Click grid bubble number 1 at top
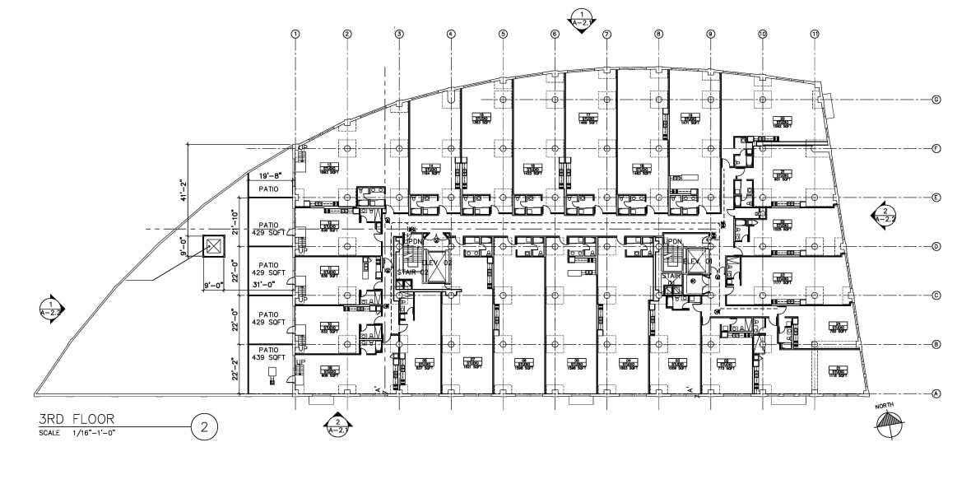(295, 34)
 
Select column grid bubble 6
(555, 34)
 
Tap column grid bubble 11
(815, 34)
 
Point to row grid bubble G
(936, 100)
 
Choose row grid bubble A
(936, 393)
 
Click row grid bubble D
(936, 246)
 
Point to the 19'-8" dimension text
(270, 175)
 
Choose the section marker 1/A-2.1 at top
(581, 16)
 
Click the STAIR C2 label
(409, 271)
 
